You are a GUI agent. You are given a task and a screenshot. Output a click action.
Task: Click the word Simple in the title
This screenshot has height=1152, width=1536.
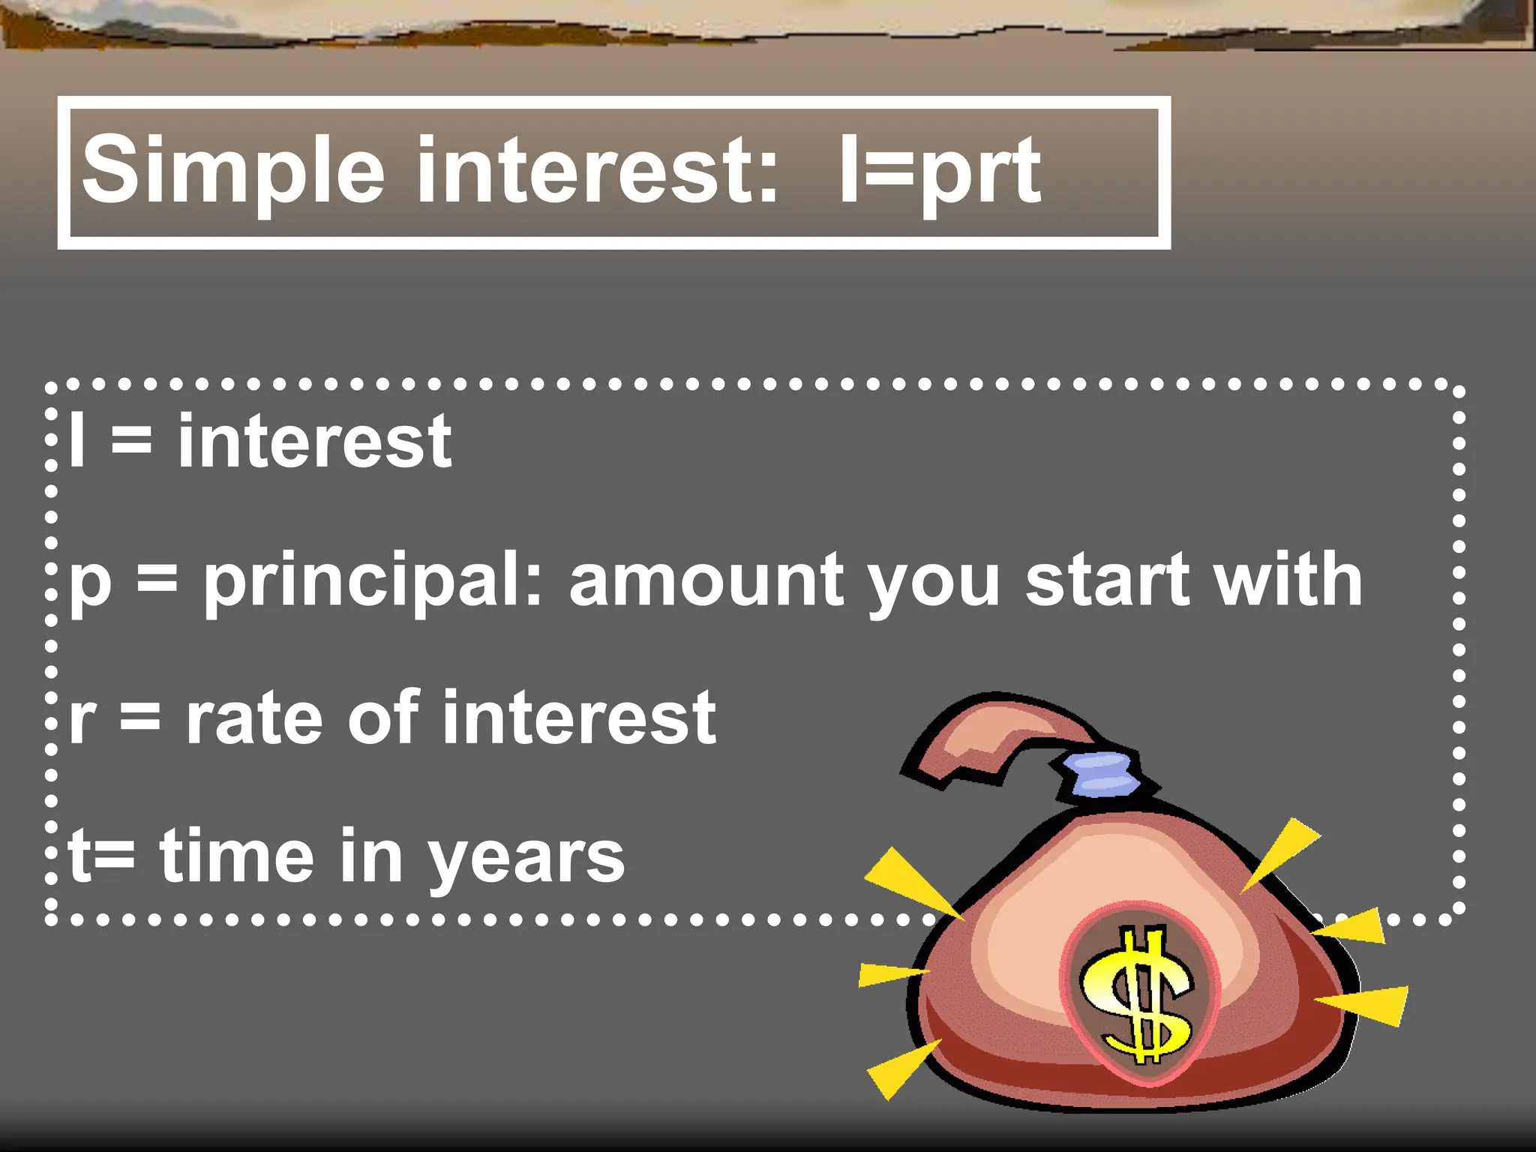pos(233,171)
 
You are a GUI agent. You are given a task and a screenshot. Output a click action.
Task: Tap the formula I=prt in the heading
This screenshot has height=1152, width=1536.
pos(940,171)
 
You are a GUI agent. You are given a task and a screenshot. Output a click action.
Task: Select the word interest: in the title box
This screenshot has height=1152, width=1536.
pos(597,169)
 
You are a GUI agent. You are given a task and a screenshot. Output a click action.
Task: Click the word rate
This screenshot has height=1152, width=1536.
pos(256,719)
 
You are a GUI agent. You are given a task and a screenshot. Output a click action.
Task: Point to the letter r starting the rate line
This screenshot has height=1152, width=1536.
pos(82,721)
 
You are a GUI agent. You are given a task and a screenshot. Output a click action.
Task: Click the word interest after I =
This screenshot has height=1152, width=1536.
pos(314,442)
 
